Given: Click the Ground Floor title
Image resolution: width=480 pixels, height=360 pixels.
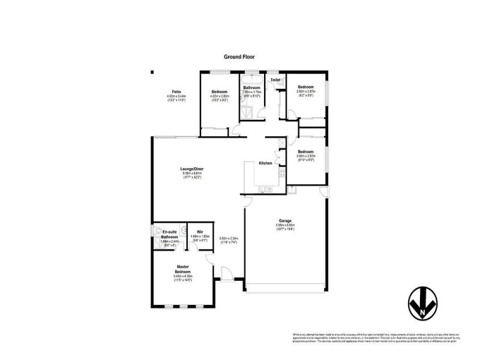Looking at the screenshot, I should pos(239,57).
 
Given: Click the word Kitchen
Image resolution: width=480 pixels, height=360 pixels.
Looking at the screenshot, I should pos(265,163).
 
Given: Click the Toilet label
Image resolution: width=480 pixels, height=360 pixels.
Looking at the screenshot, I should pos(275,80).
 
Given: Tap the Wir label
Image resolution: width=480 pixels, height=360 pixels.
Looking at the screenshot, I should pos(199,231).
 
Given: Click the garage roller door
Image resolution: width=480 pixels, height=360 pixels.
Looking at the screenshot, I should pos(287,292).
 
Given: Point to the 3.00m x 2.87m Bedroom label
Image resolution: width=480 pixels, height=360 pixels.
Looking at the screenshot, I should pos(306,155).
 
